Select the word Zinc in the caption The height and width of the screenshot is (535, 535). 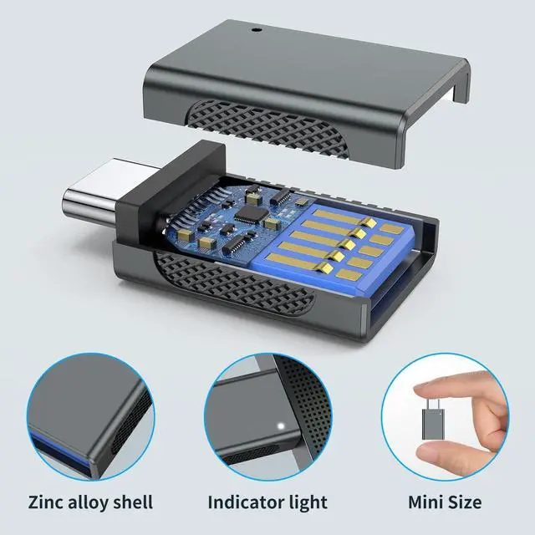point(44,502)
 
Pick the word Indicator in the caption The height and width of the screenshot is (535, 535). point(245,502)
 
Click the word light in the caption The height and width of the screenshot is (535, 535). point(307,503)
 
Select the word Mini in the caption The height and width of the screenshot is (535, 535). point(425,502)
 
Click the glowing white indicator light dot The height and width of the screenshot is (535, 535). point(281,425)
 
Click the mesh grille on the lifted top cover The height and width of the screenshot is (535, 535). point(266,128)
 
